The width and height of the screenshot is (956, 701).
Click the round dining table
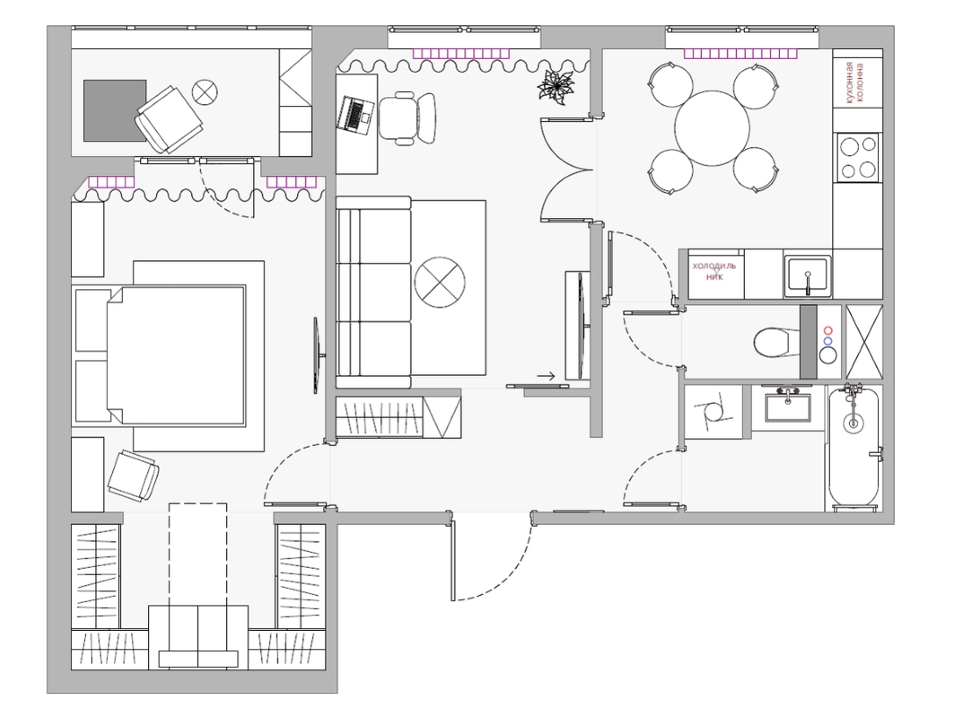[712, 128]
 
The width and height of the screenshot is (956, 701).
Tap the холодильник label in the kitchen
[714, 272]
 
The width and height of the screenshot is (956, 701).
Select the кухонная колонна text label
[855, 83]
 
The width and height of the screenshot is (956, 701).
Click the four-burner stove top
[858, 157]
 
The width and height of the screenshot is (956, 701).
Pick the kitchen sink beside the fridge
[807, 276]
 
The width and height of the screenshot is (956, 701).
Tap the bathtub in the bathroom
[853, 447]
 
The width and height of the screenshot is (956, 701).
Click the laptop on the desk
[354, 115]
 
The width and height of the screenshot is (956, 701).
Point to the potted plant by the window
[556, 87]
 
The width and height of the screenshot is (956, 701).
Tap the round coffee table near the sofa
[439, 282]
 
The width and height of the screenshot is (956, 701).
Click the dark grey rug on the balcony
[115, 110]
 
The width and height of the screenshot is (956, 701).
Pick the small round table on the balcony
[204, 93]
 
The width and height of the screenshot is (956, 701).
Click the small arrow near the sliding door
[546, 376]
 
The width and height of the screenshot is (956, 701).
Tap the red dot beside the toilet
[827, 330]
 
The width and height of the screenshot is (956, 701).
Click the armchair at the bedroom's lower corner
[133, 476]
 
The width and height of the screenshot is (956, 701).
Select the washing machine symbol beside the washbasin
[714, 412]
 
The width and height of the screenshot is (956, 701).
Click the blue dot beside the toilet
[827, 341]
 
